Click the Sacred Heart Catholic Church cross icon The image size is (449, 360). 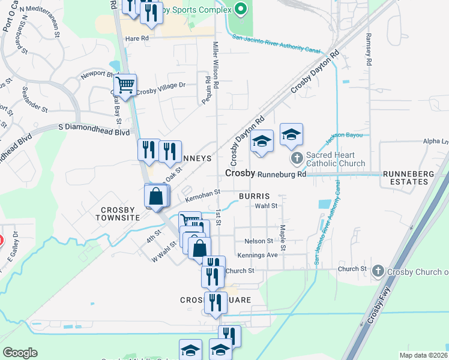tap(297, 159)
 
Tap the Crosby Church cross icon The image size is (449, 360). tap(378, 271)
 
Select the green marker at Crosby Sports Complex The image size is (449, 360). tap(241, 10)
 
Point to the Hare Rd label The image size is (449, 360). tap(136, 38)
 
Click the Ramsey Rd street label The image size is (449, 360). tap(368, 50)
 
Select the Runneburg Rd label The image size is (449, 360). tap(282, 174)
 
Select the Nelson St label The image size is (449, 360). tap(259, 241)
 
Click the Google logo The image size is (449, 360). tap(20, 353)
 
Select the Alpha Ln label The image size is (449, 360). tap(436, 142)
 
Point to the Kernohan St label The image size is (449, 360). tap(203, 194)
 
